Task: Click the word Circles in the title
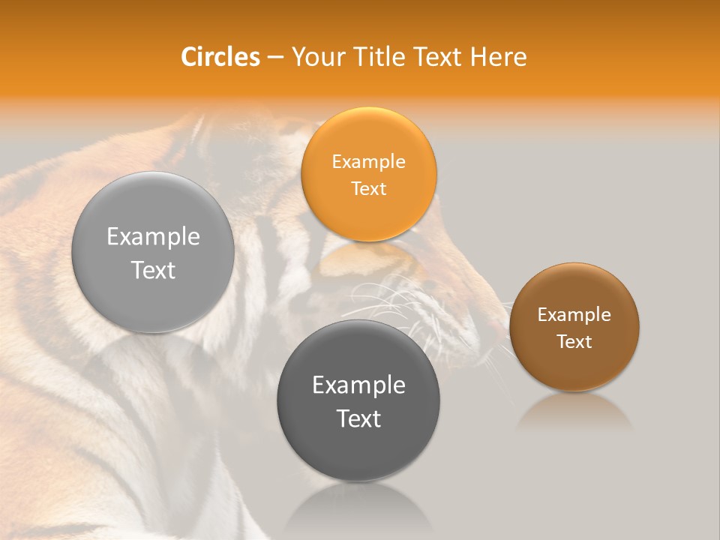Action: (220, 57)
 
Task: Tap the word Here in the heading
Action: (498, 57)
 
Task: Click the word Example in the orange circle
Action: (368, 162)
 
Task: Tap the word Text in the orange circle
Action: (368, 189)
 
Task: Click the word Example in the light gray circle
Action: (153, 237)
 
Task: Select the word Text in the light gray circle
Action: (153, 270)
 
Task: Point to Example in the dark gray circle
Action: (358, 385)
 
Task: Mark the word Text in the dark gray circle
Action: (358, 418)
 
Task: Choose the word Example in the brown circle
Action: (574, 315)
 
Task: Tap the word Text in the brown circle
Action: (574, 342)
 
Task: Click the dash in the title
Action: (275, 57)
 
